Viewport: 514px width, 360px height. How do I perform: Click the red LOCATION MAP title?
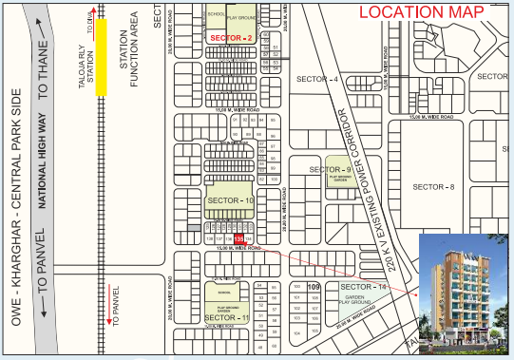(x=420, y=12)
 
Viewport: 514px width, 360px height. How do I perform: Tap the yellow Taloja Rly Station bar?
(x=100, y=56)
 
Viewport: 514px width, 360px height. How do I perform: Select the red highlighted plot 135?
(x=239, y=239)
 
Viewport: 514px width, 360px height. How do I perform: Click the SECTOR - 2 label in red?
(x=231, y=37)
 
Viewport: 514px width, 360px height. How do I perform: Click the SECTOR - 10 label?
(x=230, y=201)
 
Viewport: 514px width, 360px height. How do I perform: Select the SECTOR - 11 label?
(x=230, y=316)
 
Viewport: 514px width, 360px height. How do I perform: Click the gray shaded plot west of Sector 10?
(x=194, y=228)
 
